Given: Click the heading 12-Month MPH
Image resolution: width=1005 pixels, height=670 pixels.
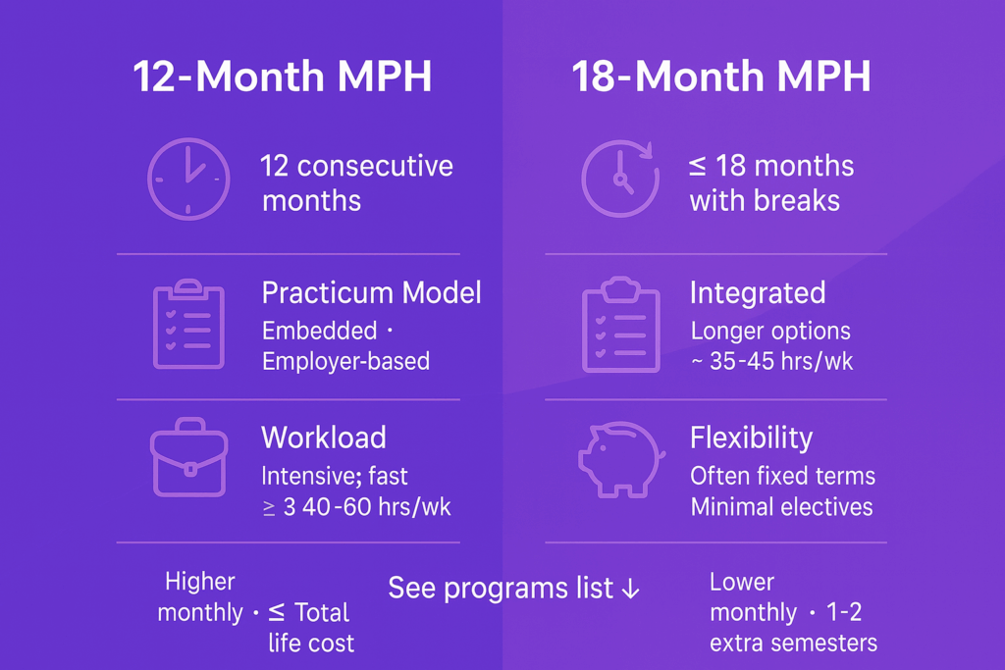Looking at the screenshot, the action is click(x=283, y=77).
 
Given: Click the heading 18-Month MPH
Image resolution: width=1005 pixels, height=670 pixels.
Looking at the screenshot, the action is click(x=721, y=77).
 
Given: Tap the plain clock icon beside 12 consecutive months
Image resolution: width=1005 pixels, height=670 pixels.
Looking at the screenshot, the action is click(x=188, y=179).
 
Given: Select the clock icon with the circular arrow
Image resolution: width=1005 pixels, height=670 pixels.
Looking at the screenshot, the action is click(x=620, y=179).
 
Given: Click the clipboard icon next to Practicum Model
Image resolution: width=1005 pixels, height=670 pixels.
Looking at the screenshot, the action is click(x=188, y=324).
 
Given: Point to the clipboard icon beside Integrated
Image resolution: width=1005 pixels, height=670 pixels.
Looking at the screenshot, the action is click(x=620, y=324).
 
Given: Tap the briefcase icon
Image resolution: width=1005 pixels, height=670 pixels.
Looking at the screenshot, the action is click(x=188, y=457).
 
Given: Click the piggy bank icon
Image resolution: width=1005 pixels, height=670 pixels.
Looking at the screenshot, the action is click(x=621, y=459).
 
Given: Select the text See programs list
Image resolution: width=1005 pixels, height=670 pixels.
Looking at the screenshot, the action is click(x=500, y=588).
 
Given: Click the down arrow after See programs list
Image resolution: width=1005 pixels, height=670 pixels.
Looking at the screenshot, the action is click(x=631, y=589).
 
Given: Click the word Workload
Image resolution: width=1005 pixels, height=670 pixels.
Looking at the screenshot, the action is click(x=324, y=438).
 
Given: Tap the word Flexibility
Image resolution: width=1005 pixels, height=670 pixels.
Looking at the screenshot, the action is click(x=751, y=438).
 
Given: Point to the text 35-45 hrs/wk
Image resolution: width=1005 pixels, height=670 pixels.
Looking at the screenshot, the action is click(x=781, y=362).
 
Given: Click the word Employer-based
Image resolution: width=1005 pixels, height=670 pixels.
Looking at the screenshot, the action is click(x=346, y=361).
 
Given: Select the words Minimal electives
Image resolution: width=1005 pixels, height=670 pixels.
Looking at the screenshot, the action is click(x=782, y=507).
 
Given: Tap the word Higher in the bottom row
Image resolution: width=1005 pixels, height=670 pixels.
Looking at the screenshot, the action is click(x=200, y=582).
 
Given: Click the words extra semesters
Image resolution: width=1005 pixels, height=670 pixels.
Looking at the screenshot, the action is click(x=793, y=644).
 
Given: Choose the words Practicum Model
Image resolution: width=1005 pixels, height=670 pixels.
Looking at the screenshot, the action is click(x=371, y=293).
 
